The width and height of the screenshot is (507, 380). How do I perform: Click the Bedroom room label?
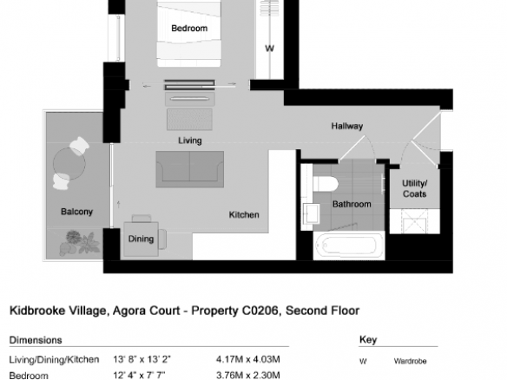tap(189, 29)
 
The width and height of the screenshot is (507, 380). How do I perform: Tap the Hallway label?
tap(347, 126)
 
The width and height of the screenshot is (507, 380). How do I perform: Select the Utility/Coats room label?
tap(414, 189)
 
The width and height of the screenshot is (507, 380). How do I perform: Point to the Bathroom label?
tap(352, 204)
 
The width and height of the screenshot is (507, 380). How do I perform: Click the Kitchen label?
tap(244, 215)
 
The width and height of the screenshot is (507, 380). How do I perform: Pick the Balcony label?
tap(76, 212)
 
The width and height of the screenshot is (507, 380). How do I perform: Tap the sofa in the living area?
tap(190, 169)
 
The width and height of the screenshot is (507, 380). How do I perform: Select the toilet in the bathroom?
tap(326, 184)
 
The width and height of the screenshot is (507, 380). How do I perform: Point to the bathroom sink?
tap(312, 213)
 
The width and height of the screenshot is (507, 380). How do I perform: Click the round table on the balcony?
tap(69, 164)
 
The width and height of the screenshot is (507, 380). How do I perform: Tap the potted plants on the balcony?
tap(80, 244)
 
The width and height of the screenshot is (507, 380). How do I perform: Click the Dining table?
tap(141, 239)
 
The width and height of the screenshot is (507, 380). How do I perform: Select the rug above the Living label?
tap(189, 120)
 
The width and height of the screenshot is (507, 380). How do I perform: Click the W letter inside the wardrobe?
tap(269, 49)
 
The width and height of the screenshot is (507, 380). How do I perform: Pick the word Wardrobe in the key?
tap(410, 361)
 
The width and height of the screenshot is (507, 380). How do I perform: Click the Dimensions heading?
tap(36, 340)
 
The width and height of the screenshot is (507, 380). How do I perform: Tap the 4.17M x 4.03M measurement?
tap(248, 359)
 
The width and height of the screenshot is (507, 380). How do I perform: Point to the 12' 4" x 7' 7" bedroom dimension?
tap(139, 376)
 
